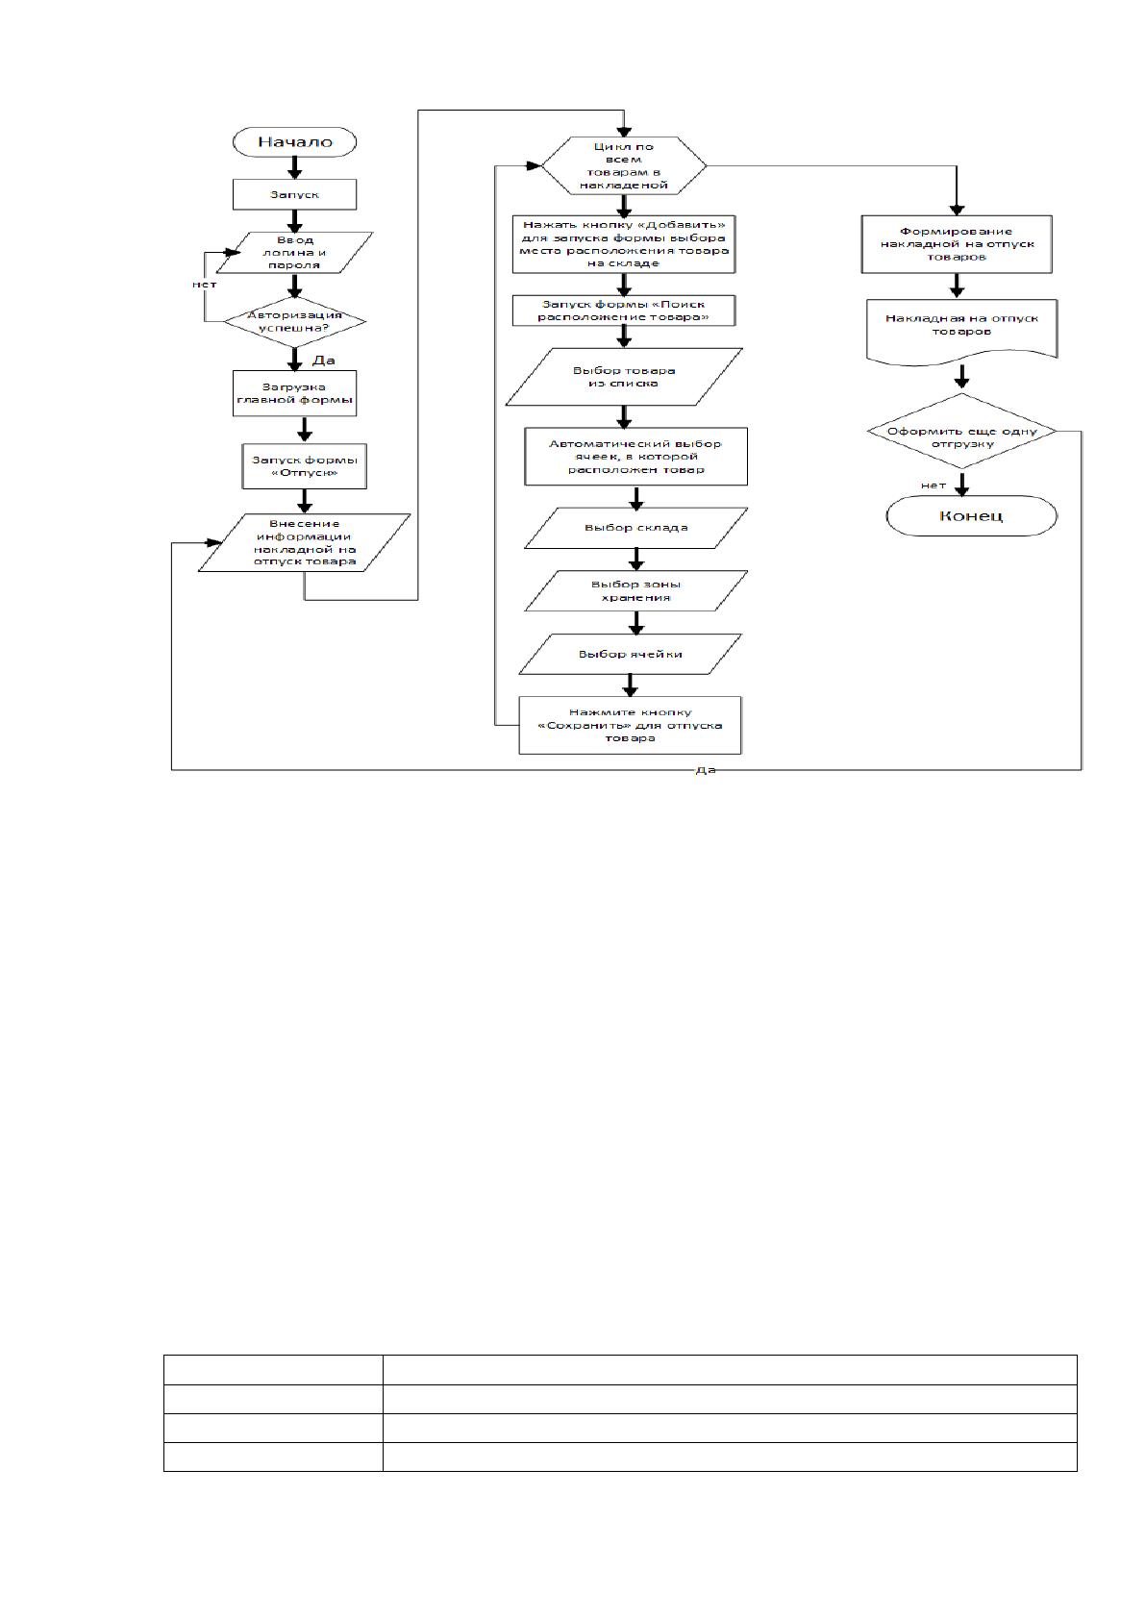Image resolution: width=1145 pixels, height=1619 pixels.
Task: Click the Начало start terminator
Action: [294, 141]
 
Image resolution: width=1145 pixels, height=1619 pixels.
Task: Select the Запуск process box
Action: [294, 194]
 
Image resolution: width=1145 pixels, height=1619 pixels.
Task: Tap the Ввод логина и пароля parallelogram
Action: [294, 252]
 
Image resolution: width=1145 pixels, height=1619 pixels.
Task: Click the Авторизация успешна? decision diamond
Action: [294, 321]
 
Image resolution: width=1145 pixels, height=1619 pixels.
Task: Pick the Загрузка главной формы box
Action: [294, 393]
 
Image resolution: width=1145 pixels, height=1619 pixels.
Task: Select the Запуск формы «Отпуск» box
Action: [305, 466]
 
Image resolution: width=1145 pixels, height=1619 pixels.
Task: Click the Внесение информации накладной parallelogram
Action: [305, 543]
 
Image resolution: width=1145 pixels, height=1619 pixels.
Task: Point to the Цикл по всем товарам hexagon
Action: [624, 165]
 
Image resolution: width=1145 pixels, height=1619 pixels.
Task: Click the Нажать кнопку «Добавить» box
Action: [624, 244]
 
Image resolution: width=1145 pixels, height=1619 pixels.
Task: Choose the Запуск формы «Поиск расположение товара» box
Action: [624, 311]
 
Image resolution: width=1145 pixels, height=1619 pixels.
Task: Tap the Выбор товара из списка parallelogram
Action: [624, 377]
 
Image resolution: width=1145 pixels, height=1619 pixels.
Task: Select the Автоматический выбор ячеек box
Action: [636, 457]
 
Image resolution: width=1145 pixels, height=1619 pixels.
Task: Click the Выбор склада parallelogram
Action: [636, 528]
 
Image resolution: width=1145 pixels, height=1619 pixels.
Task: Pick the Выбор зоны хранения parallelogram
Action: [636, 591]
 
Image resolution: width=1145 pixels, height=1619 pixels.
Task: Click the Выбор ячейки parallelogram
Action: [631, 654]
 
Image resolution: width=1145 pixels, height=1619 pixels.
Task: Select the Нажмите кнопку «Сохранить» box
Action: [631, 726]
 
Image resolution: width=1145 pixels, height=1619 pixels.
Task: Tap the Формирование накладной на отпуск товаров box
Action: [957, 244]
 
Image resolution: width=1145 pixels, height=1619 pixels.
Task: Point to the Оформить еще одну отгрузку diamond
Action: [961, 432]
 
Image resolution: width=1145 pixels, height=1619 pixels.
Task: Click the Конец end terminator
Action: [972, 516]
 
